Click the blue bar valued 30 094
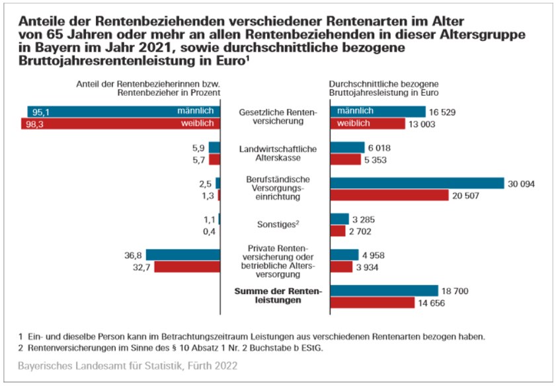click(417, 183)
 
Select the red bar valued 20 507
click(389, 196)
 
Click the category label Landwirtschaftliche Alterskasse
click(278, 153)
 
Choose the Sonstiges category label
click(278, 225)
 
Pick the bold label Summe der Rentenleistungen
click(278, 295)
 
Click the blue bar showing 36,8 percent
click(182, 254)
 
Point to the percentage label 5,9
click(197, 147)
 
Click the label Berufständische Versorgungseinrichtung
click(278, 188)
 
